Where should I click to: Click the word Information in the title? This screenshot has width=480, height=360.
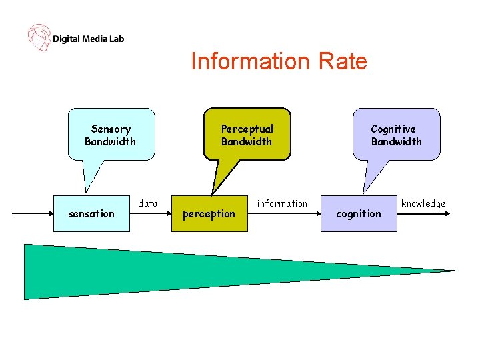tap(244, 61)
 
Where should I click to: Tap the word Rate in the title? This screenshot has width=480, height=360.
tap(343, 61)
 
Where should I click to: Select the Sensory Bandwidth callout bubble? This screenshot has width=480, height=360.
tap(111, 135)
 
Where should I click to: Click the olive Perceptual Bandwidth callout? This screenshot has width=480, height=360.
tap(247, 135)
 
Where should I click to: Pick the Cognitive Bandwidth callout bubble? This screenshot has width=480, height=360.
tap(397, 135)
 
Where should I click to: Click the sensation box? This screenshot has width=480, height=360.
tap(92, 213)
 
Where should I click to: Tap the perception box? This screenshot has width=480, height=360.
tap(209, 213)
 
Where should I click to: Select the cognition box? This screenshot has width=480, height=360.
tap(359, 213)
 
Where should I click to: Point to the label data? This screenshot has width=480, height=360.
tap(148, 203)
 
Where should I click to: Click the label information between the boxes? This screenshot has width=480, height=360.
tap(283, 203)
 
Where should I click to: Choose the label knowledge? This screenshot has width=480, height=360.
tap(423, 203)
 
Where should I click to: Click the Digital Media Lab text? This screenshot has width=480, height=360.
tap(88, 39)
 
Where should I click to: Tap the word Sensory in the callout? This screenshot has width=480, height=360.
tap(111, 129)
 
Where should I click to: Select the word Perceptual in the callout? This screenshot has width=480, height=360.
tap(247, 129)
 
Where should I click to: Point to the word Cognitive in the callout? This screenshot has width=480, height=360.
tap(393, 129)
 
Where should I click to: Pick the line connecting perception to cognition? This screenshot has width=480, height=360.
tap(284, 213)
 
